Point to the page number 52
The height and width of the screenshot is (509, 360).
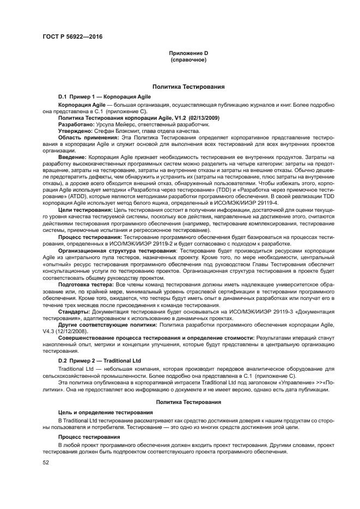coord(46,462)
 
